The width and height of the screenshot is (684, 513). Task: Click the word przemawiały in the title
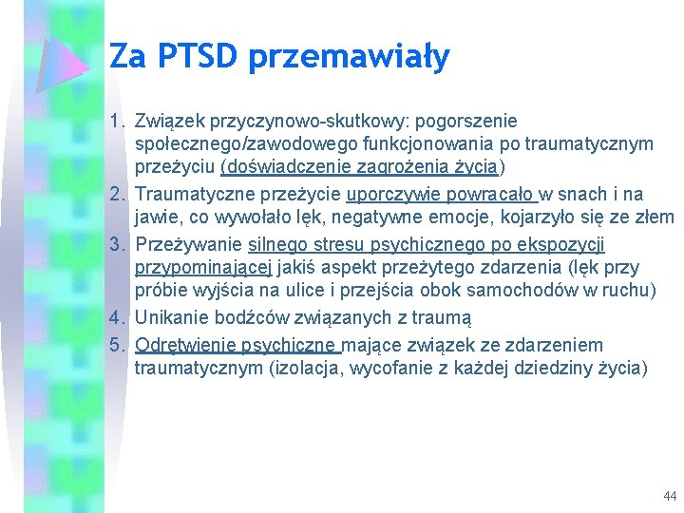349,58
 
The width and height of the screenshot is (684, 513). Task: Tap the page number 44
671,496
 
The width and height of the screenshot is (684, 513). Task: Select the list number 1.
116,122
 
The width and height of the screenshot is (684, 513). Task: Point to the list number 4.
117,317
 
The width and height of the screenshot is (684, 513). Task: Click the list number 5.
117,345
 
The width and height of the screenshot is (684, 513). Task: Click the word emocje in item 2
445,218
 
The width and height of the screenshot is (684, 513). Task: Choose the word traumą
444,317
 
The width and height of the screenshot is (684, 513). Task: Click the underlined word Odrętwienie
189,345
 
